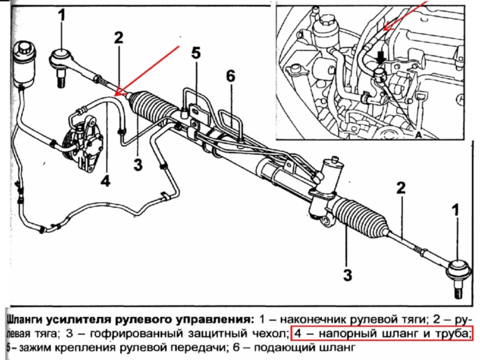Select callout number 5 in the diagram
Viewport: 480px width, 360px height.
(196, 53)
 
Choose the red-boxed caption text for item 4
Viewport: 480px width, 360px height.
(382, 332)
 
